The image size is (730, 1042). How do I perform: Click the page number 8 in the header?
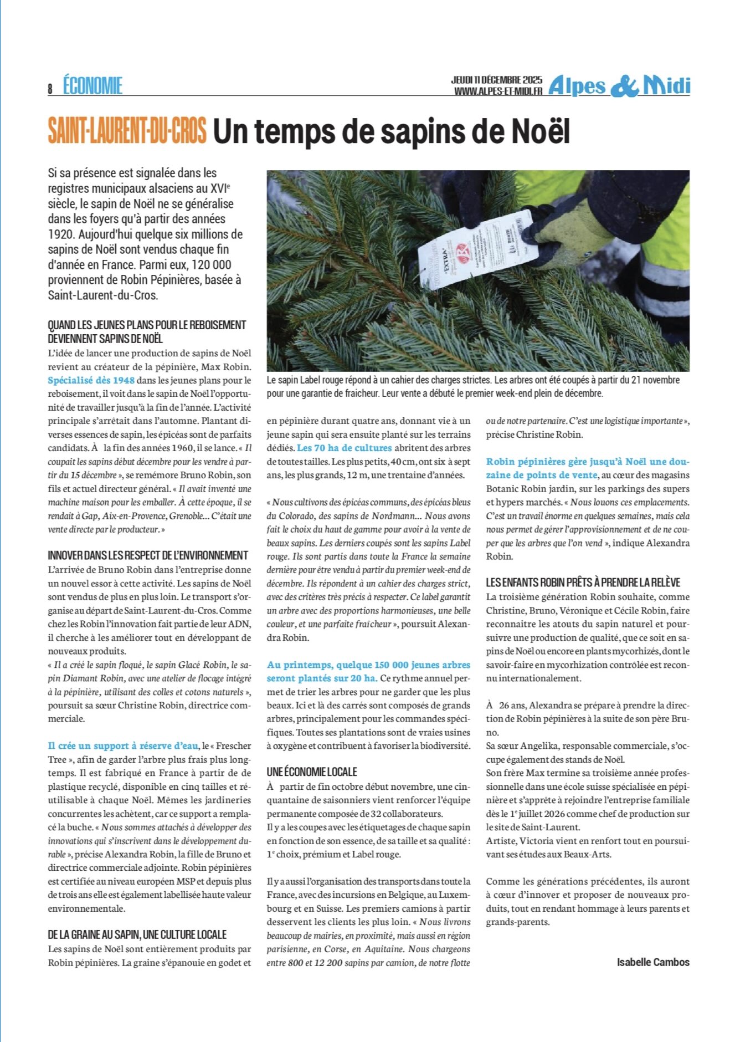point(50,89)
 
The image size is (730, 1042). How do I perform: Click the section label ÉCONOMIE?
point(92,86)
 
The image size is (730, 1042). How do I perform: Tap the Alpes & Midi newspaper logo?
point(619,86)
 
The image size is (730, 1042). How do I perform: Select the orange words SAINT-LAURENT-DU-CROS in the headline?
point(127,131)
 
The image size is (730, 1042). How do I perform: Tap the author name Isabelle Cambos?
point(653,962)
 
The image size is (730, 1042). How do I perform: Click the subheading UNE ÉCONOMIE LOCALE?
point(312,772)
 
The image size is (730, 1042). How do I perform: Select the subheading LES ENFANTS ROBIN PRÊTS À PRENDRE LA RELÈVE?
point(583,583)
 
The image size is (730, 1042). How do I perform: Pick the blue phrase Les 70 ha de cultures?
point(345,448)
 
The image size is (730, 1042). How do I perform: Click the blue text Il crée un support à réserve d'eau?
point(123,746)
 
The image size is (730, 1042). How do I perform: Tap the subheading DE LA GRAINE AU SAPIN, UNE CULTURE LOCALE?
point(137,935)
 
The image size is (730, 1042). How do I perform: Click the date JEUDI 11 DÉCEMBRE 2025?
point(496,80)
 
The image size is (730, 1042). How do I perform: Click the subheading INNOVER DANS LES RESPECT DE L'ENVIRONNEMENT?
point(148,555)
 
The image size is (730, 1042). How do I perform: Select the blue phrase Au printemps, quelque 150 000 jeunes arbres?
point(368,665)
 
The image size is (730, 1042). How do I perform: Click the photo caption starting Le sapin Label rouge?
point(473,387)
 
